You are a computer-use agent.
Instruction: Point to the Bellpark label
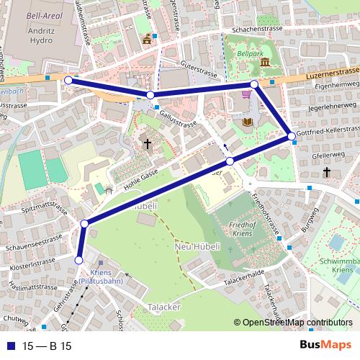[x=250, y=53]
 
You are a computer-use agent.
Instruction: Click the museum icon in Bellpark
[x=264, y=63]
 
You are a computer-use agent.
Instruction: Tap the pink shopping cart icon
[x=247, y=94]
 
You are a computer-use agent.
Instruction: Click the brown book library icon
[x=248, y=122]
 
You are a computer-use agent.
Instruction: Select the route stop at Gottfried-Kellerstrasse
[x=291, y=135]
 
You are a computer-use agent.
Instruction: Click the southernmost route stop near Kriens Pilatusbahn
[x=79, y=261]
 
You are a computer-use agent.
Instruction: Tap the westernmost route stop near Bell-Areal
[x=68, y=81]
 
